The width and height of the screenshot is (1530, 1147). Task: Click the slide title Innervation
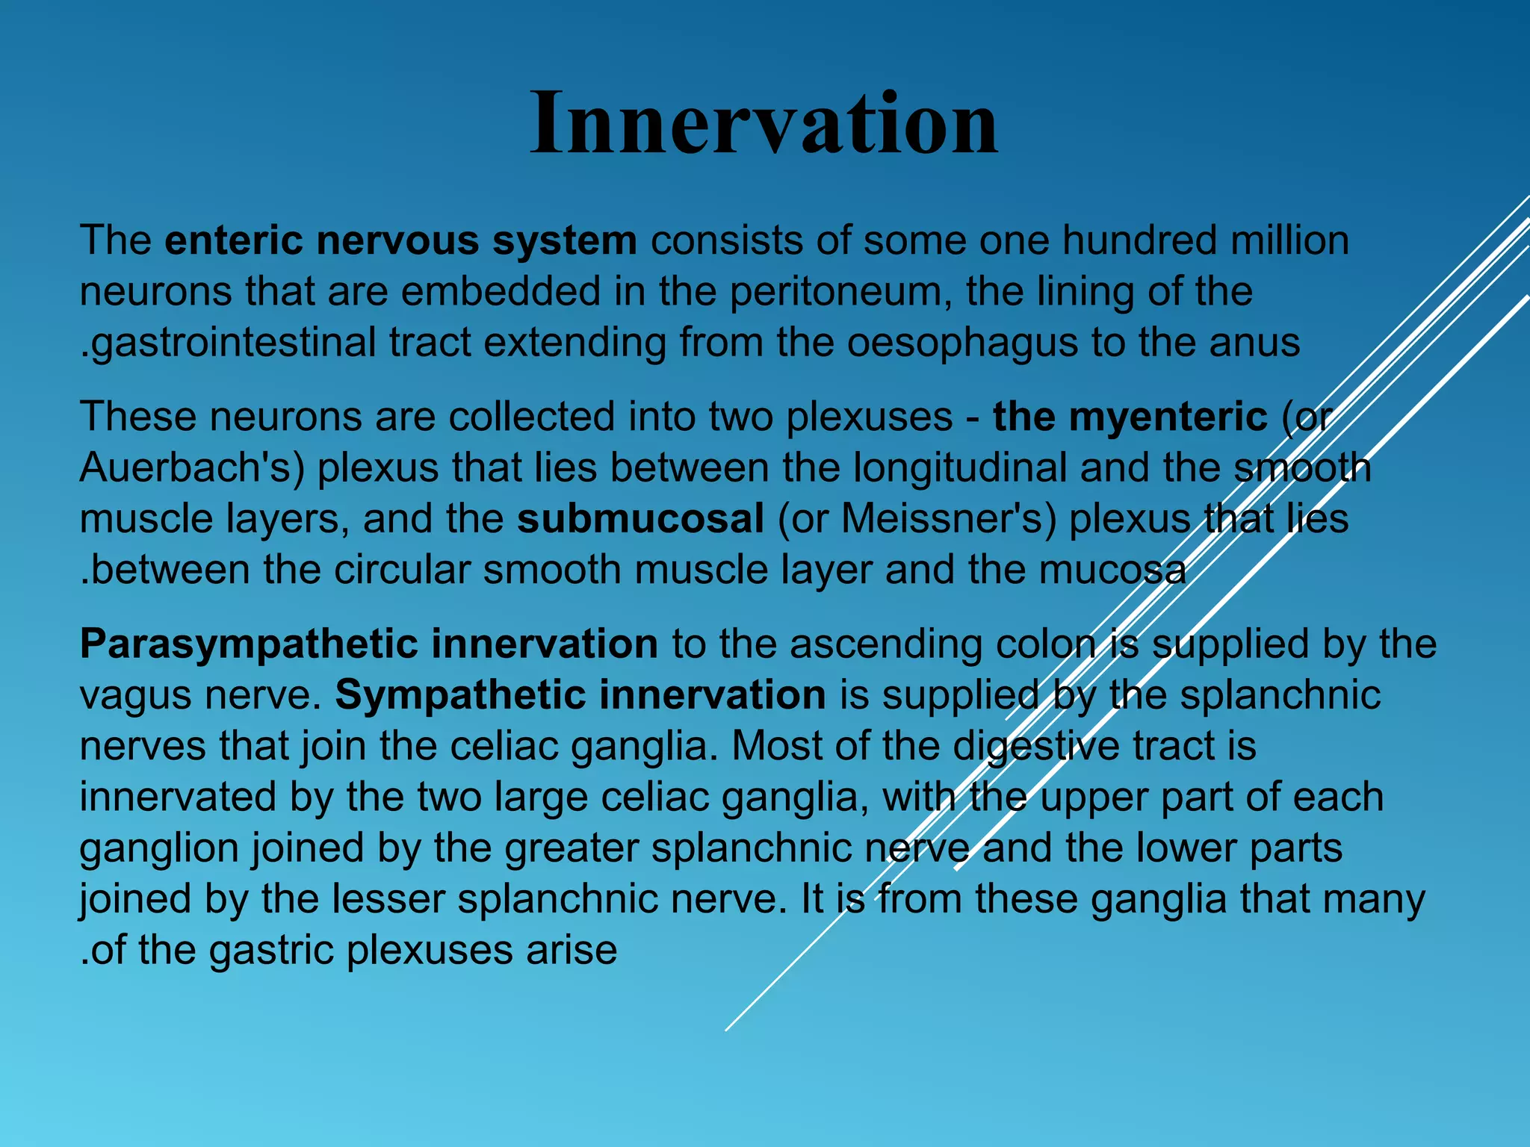pyautogui.click(x=764, y=123)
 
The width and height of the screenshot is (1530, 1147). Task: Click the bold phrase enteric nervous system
pyautogui.click(x=400, y=241)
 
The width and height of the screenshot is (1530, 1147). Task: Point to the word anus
pyautogui.click(x=1254, y=344)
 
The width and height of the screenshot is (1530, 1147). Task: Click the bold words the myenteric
pyautogui.click(x=1130, y=417)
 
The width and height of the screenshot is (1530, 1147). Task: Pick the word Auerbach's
pyautogui.click(x=192, y=468)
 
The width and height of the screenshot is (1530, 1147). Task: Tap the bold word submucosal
pyautogui.click(x=640, y=519)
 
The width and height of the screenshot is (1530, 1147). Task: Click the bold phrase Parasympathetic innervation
pyautogui.click(x=368, y=644)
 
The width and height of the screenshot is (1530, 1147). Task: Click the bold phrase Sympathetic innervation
pyautogui.click(x=580, y=695)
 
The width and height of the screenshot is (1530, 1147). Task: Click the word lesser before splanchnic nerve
pyautogui.click(x=388, y=899)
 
